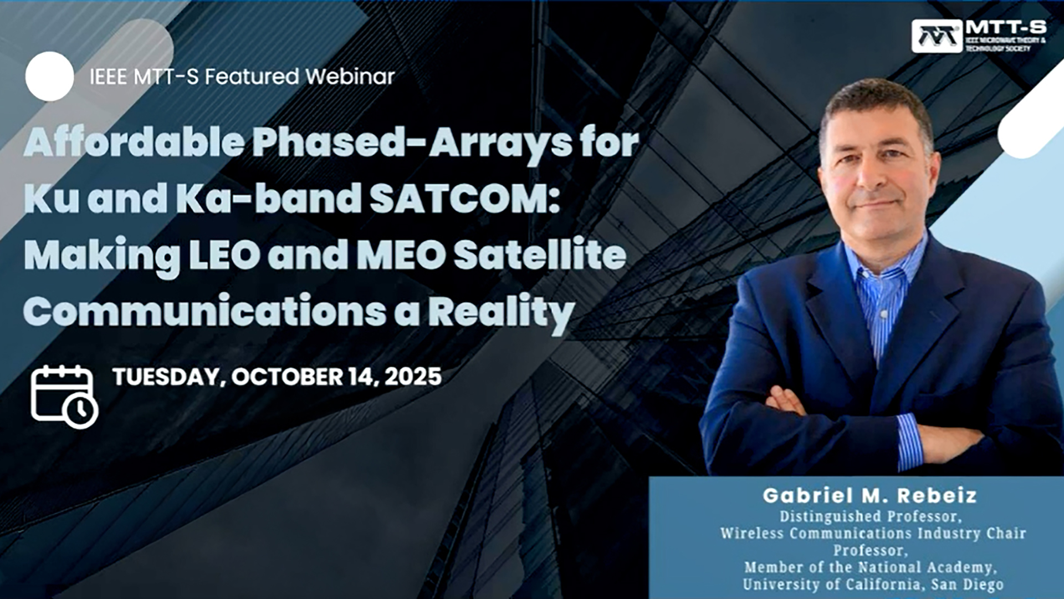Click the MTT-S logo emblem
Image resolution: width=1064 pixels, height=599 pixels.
pyautogui.click(x=937, y=36)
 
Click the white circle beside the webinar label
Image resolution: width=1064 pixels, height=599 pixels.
pyautogui.click(x=49, y=77)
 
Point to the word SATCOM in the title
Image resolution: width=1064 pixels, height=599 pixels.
pyautogui.click(x=464, y=199)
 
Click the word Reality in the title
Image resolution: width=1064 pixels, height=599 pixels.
pyautogui.click(x=501, y=313)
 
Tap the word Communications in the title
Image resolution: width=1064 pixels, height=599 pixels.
pyautogui.click(x=204, y=312)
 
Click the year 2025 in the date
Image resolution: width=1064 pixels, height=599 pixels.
pyautogui.click(x=413, y=377)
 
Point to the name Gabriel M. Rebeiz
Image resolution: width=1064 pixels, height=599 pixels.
pyautogui.click(x=869, y=495)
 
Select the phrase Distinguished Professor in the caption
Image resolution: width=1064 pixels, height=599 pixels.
pyautogui.click(x=871, y=516)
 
